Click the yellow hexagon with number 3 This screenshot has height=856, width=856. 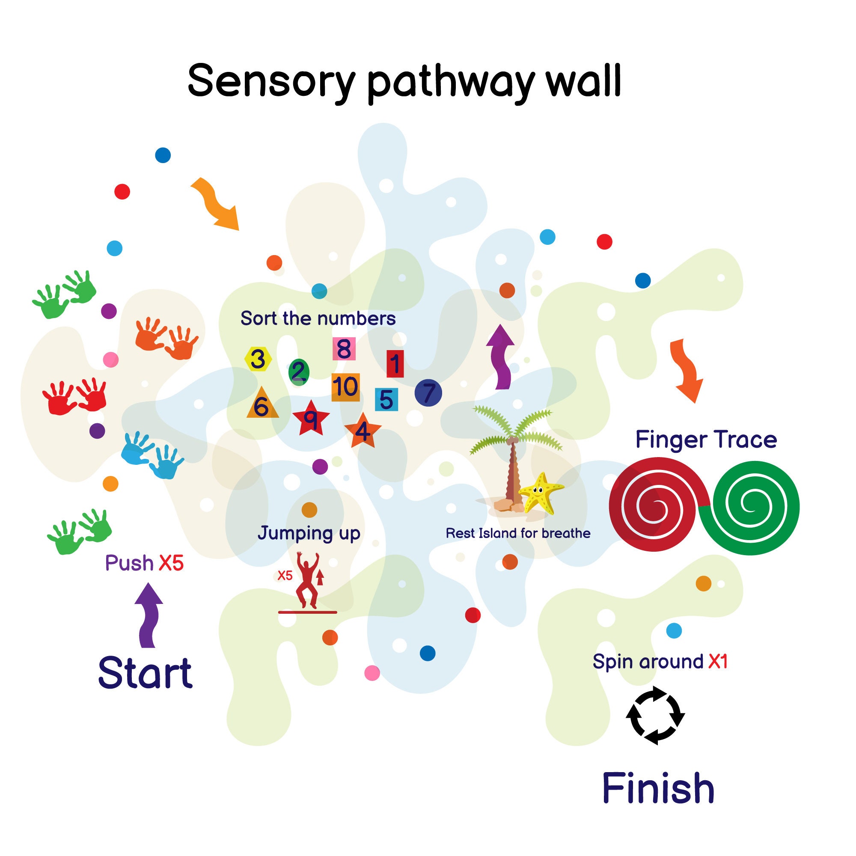pos(258,359)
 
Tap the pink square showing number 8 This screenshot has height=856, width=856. pos(344,349)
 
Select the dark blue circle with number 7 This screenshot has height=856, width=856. pos(428,392)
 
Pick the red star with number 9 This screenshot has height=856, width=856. pos(311,418)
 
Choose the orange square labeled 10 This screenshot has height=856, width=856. pos(345,387)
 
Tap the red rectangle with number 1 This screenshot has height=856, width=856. pos(395,364)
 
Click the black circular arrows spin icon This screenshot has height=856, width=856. pos(655,715)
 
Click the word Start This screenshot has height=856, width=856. pos(146,673)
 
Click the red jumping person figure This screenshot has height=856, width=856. pos(307,579)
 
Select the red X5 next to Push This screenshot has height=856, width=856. pos(171,563)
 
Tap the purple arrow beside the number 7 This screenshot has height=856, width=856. pos(501,357)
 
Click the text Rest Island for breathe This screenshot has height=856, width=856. pos(517,533)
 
